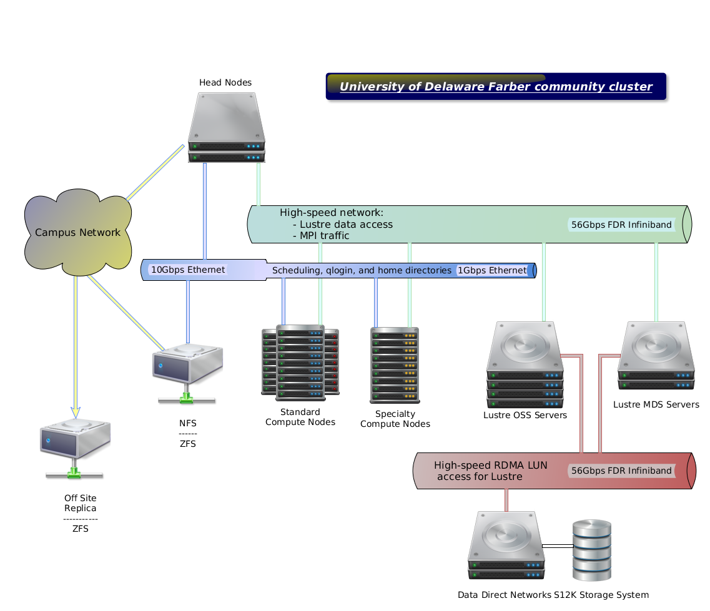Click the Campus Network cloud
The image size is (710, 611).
[78, 233]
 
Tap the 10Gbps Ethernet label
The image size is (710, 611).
[188, 270]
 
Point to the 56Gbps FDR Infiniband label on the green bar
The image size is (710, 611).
[621, 225]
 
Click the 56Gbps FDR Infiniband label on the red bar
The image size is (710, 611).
[621, 471]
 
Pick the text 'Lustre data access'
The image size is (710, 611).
[346, 225]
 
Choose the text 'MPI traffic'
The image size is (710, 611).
[324, 236]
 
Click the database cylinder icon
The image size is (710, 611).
[591, 550]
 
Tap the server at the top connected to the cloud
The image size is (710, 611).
[227, 128]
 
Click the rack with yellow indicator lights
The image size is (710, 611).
[395, 365]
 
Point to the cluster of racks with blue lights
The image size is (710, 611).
[300, 362]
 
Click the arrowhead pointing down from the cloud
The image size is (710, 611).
[76, 412]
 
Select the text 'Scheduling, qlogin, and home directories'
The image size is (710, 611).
[362, 270]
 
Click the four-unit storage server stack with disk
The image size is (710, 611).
[525, 364]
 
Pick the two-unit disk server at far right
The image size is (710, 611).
[656, 355]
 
